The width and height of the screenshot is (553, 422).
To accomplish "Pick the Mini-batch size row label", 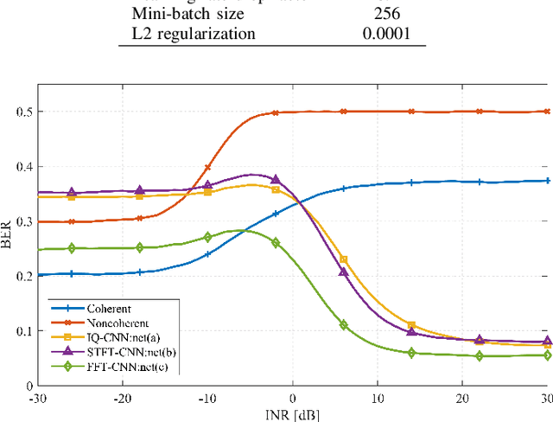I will coord(181,14).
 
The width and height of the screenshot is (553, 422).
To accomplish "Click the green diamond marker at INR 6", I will coord(344,325).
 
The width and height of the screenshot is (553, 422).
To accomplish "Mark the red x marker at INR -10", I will coord(207,168).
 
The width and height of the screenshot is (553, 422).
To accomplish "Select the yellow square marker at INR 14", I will coord(411,324).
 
